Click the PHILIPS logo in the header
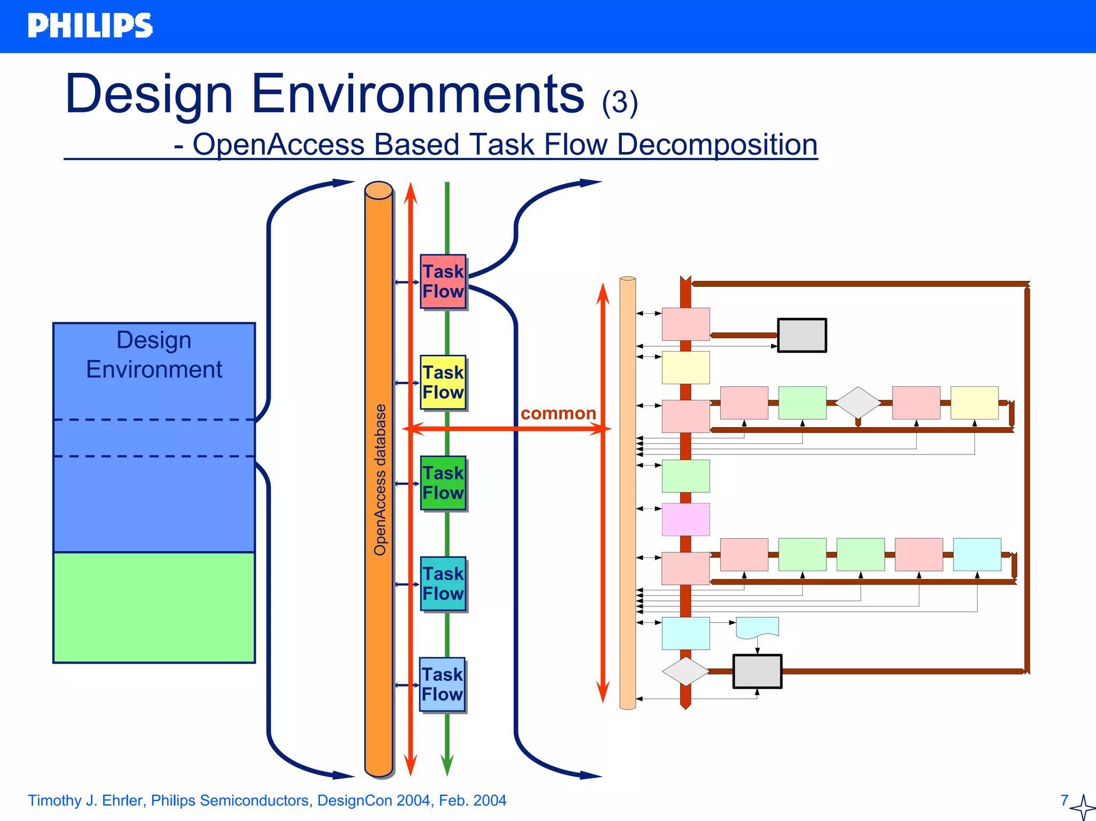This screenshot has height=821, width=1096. [90, 26]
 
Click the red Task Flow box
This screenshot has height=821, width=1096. [443, 282]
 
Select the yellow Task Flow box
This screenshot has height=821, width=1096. [443, 382]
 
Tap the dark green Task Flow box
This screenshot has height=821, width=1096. [443, 483]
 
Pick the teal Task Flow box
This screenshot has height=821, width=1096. [443, 583]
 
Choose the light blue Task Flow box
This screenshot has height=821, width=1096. [442, 684]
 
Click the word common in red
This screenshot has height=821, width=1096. [558, 413]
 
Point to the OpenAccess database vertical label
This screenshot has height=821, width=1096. [380, 480]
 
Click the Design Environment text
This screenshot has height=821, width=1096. [154, 354]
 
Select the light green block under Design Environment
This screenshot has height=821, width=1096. [154, 607]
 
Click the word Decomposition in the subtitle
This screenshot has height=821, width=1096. [717, 145]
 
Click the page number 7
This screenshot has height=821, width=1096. [1064, 800]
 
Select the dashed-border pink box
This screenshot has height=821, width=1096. [686, 519]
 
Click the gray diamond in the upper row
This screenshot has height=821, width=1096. [858, 402]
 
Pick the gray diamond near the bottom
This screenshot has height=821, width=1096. [685, 671]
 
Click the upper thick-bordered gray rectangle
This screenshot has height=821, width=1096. [802, 335]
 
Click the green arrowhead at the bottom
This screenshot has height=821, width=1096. [447, 765]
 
